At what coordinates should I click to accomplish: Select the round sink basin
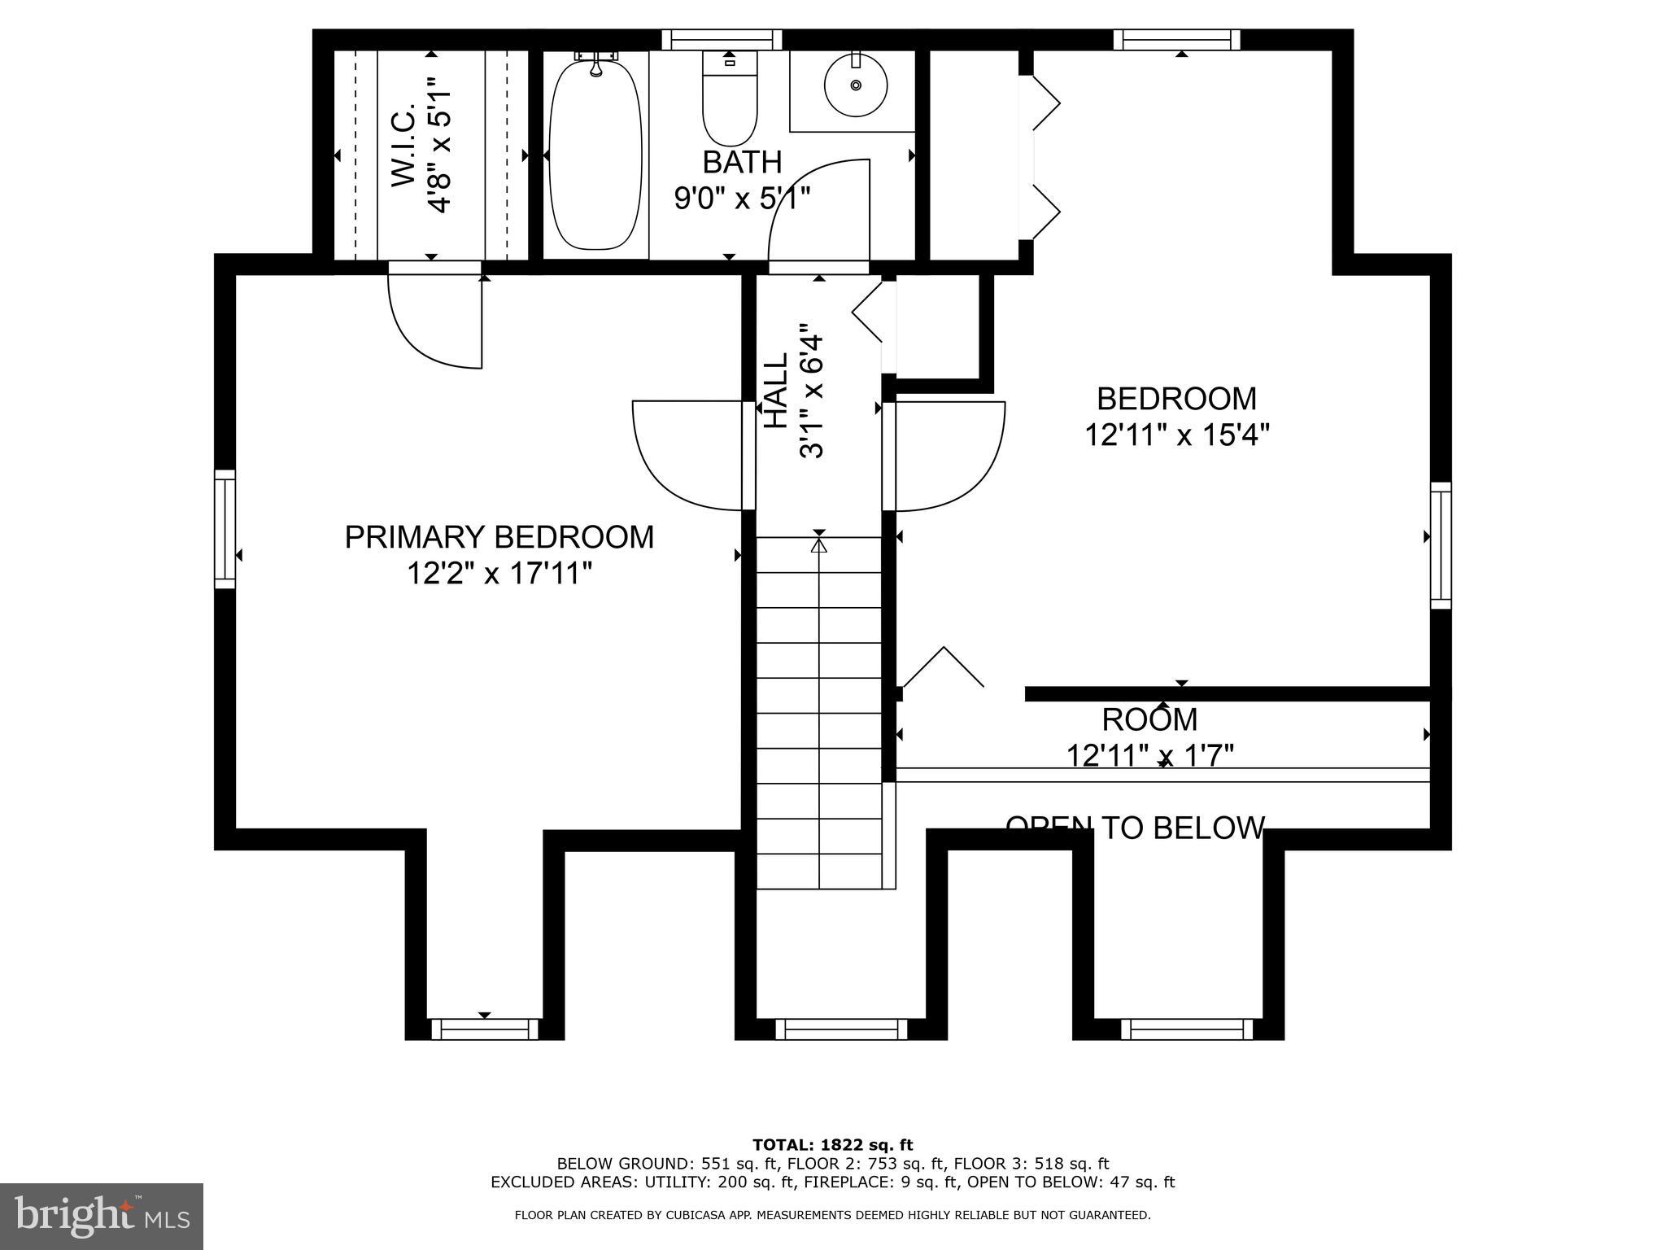point(855,85)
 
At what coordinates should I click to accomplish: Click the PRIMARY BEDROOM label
point(499,538)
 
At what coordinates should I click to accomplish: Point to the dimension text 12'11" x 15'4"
point(1176,435)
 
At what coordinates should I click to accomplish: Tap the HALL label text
point(776,391)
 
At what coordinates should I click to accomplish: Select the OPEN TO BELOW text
point(1135,828)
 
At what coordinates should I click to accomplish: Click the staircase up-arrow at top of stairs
point(819,544)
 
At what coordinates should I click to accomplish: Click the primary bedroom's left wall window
point(225,529)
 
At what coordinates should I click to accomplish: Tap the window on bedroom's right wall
point(1441,544)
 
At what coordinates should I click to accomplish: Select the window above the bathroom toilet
point(722,40)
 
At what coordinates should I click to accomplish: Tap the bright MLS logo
point(102,1216)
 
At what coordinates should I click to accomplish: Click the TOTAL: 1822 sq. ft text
point(832,1145)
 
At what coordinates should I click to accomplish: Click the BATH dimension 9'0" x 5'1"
point(742,198)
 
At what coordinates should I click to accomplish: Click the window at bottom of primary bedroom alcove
point(485,1029)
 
